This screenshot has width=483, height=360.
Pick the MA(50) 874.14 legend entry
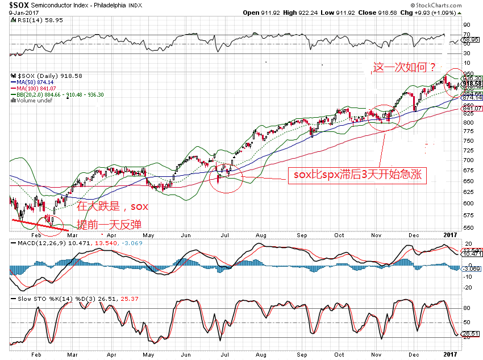[x=38, y=82]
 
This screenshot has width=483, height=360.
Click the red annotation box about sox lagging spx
[x=356, y=175]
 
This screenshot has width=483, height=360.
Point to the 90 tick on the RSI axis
[x=467, y=24]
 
